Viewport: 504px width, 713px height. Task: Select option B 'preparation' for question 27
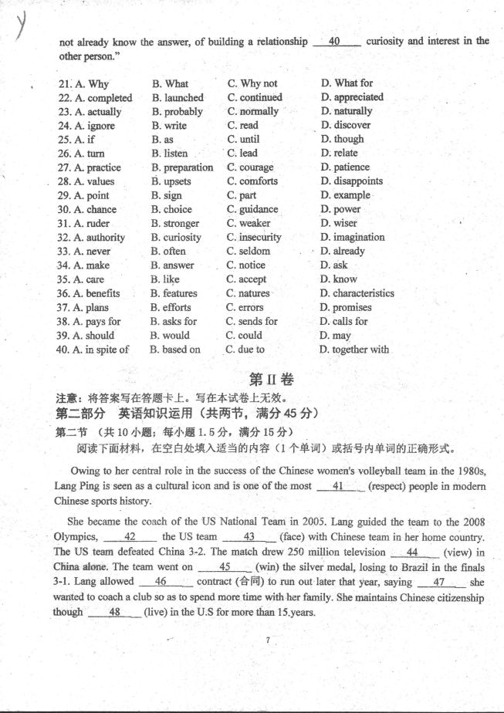click(x=182, y=167)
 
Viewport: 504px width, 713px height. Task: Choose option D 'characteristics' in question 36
click(x=357, y=293)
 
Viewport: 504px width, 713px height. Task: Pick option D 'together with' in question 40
click(x=354, y=350)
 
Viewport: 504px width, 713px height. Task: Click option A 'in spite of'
click(x=93, y=350)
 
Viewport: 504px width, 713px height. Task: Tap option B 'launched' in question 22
click(x=178, y=98)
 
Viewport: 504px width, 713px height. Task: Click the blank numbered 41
click(x=340, y=486)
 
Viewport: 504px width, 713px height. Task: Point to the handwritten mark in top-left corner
click(x=21, y=29)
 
